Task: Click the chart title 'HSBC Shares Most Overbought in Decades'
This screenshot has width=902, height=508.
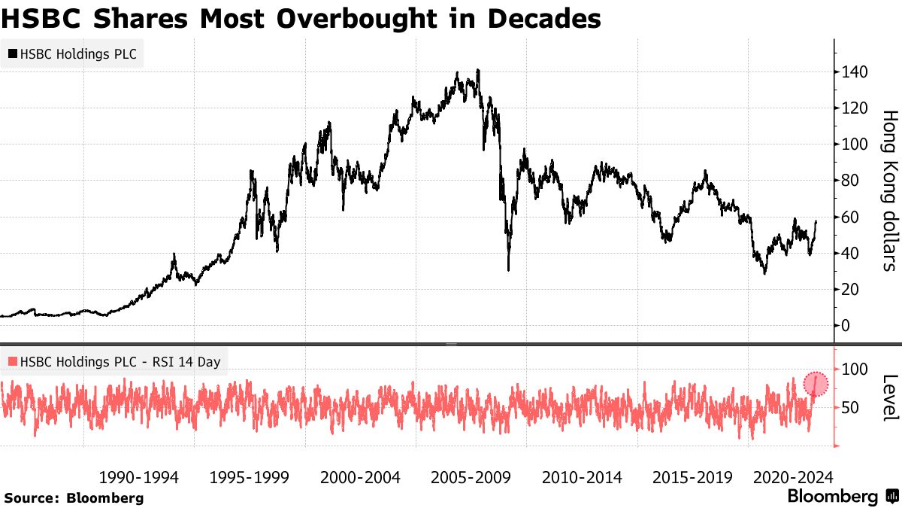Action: click(x=301, y=19)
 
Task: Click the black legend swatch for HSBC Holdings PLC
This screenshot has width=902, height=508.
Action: click(x=12, y=54)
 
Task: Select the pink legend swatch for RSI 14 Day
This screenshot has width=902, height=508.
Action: click(x=12, y=362)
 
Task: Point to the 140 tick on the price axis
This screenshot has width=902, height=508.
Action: click(x=856, y=72)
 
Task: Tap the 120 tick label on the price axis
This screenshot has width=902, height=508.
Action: click(x=856, y=108)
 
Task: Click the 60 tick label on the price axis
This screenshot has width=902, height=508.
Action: click(x=852, y=217)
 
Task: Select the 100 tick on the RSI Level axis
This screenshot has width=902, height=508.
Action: click(x=856, y=370)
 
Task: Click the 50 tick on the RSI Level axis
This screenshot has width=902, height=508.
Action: click(x=852, y=408)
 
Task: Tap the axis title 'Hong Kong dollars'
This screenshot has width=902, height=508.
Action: click(x=888, y=190)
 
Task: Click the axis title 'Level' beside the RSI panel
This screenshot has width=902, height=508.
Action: click(x=888, y=397)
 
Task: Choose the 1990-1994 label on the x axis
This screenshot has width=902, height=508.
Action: click(x=139, y=477)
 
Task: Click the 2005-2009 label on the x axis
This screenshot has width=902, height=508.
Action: click(x=471, y=477)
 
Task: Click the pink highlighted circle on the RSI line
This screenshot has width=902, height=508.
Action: click(x=816, y=385)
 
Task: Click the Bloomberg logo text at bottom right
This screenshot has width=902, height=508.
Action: click(x=832, y=497)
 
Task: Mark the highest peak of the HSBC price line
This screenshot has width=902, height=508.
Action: click(x=478, y=71)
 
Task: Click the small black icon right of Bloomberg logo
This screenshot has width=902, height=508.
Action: click(x=891, y=497)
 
